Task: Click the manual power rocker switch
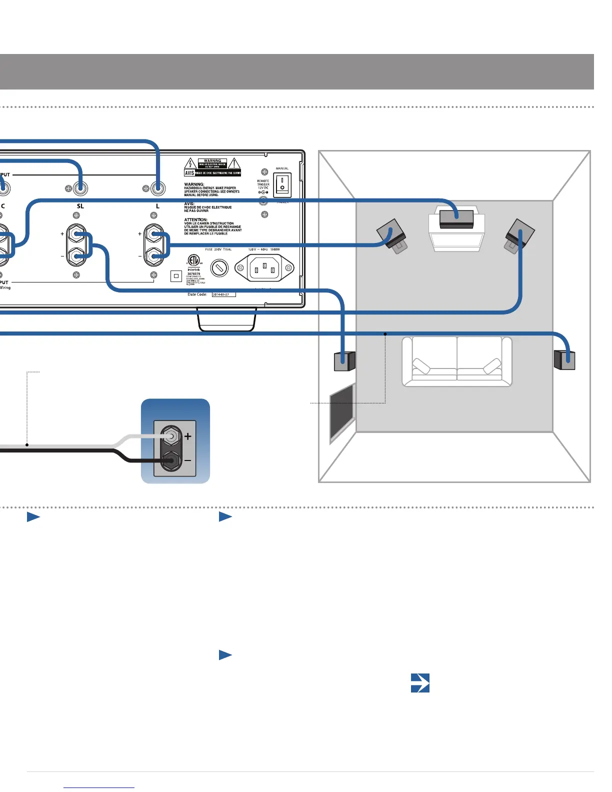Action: [282, 185]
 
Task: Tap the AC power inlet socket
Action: [264, 268]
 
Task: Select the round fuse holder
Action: [219, 268]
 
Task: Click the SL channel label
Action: [80, 206]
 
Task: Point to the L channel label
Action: [157, 206]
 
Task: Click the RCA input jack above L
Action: [158, 188]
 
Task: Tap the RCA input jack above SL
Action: [80, 188]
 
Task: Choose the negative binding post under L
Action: [153, 256]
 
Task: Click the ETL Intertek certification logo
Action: [193, 260]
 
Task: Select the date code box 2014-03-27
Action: [223, 294]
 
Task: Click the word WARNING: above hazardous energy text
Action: [194, 184]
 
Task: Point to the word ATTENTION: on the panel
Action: [195, 219]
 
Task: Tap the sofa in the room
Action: [457, 361]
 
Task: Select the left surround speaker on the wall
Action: [344, 361]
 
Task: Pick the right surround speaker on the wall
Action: [564, 360]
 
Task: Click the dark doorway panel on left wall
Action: [342, 412]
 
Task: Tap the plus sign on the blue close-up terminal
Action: [188, 436]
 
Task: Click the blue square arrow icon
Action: [420, 682]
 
